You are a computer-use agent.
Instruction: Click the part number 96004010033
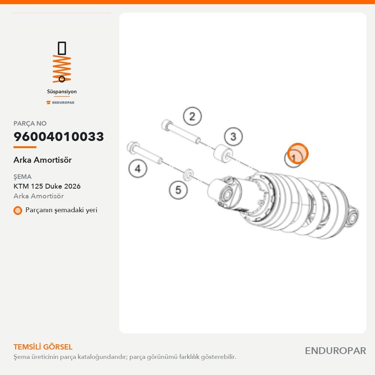point(58,136)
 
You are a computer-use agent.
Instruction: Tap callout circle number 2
point(192,116)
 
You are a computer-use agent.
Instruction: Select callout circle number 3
point(233,136)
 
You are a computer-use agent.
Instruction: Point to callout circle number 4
point(138,169)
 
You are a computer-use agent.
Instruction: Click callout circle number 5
point(178,190)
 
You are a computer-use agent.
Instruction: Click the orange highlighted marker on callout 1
point(298,153)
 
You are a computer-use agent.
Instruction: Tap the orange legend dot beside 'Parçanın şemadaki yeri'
point(18,210)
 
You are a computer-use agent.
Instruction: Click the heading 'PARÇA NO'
point(30,123)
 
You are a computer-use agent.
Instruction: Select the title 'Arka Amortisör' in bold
point(43,160)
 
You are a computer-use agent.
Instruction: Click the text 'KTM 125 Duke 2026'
point(47,186)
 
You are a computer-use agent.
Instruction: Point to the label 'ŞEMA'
point(22,177)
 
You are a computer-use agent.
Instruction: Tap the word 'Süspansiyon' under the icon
point(62,91)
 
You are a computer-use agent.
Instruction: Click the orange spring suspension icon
point(62,62)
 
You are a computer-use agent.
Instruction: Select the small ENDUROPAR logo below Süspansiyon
point(60,103)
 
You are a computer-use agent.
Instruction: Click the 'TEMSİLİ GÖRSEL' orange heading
point(43,347)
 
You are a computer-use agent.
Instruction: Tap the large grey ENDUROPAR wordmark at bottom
point(336,351)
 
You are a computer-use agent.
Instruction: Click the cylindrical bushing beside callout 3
point(223,153)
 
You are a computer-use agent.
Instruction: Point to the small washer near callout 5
point(188,175)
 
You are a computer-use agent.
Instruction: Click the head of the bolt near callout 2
point(166,125)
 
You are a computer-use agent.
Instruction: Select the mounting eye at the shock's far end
point(352,216)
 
